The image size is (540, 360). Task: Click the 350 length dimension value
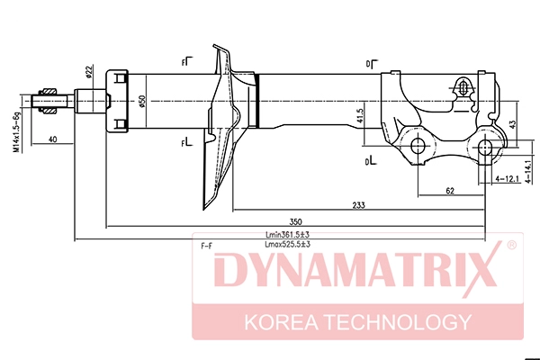(x=295, y=221)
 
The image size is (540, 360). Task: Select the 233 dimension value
(x=358, y=205)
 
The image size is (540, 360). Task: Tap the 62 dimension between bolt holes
(x=450, y=191)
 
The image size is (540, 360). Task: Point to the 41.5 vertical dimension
(x=359, y=116)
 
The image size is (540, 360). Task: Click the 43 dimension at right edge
(x=512, y=125)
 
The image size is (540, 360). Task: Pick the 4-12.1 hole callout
(x=507, y=179)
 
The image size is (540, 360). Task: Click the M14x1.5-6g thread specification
(x=16, y=131)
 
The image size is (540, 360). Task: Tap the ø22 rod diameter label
(x=88, y=72)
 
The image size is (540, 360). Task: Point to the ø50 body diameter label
(x=142, y=102)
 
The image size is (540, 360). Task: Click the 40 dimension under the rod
(x=52, y=139)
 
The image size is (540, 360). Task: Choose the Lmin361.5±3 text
(x=288, y=235)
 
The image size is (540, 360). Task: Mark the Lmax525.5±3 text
(x=288, y=244)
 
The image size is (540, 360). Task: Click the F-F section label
(x=207, y=246)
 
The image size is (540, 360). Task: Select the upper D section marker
(x=372, y=64)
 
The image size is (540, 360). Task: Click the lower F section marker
(x=187, y=141)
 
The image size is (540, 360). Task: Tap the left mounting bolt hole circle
(x=418, y=146)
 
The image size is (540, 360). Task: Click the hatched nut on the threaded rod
(x=48, y=101)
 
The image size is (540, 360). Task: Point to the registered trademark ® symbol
(x=512, y=245)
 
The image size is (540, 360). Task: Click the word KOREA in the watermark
(x=281, y=322)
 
